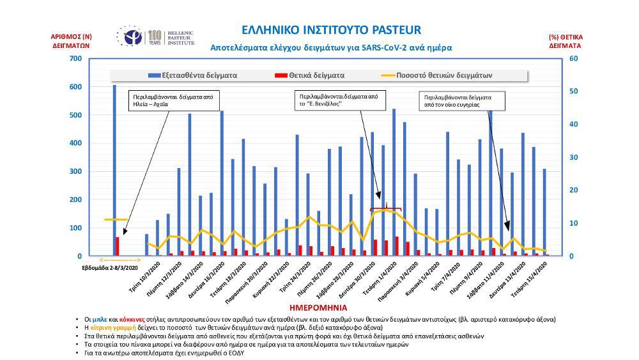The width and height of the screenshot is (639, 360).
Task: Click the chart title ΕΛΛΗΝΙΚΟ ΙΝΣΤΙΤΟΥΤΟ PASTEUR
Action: [x=332, y=31]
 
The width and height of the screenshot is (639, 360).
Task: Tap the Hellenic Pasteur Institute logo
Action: [x=155, y=38]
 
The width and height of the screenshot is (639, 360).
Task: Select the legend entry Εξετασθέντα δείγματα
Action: [x=192, y=75]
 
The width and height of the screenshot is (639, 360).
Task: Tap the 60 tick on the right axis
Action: [x=573, y=59]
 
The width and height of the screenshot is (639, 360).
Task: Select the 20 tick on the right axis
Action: [x=573, y=190]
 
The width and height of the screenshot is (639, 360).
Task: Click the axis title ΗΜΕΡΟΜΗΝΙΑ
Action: [x=328, y=308]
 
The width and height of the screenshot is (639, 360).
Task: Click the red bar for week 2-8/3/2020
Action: [x=118, y=246]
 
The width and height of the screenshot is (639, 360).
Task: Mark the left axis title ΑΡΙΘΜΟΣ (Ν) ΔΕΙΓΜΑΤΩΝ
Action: [x=72, y=42]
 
